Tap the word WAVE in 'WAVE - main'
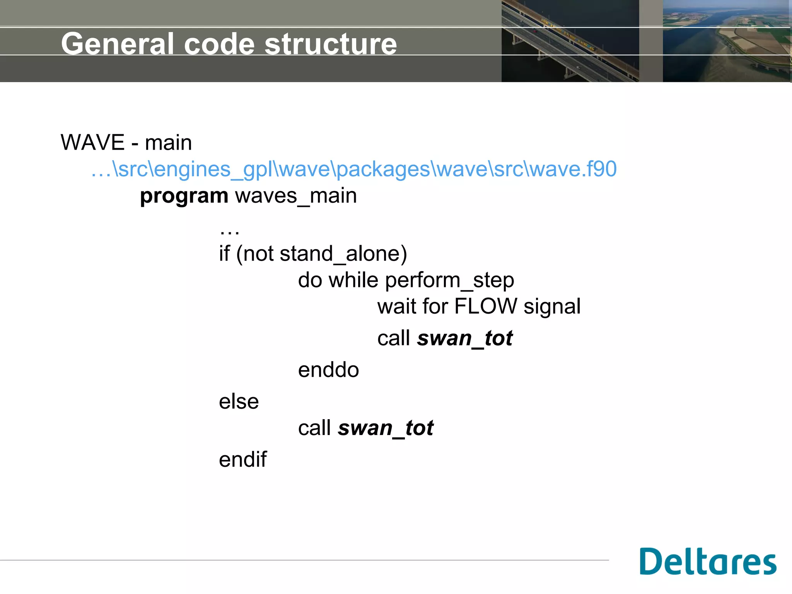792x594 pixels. tap(93, 142)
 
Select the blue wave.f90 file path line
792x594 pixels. tap(354, 169)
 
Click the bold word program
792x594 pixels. tap(184, 196)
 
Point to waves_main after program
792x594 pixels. tap(296, 196)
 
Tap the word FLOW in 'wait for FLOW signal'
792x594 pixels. tap(485, 306)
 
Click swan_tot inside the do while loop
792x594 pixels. tap(465, 338)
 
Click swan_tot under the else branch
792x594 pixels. tap(386, 428)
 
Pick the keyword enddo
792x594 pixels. tap(328, 370)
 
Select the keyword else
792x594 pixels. tap(239, 402)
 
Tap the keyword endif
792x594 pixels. tap(242, 460)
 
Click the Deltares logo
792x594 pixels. tap(708, 562)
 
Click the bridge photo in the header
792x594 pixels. tap(570, 41)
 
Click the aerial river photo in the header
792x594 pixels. tap(726, 41)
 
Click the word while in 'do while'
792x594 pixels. tap(353, 280)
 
